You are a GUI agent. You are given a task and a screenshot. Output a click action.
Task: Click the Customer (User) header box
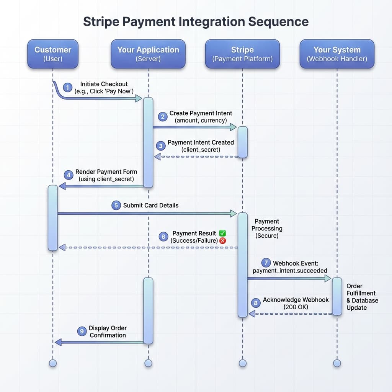(x=53, y=54)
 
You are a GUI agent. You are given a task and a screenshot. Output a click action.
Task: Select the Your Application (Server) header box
(x=148, y=54)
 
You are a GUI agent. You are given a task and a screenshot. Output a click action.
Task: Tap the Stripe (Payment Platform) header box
(x=242, y=54)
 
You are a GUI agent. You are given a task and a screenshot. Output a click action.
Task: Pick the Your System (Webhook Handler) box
(x=337, y=54)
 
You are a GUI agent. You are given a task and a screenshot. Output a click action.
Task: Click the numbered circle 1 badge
(x=68, y=88)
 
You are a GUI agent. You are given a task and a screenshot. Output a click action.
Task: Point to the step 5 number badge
(x=116, y=206)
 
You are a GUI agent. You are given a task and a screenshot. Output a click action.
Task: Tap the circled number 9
(x=82, y=332)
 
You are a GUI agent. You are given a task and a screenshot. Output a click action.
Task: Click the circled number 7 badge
(x=266, y=263)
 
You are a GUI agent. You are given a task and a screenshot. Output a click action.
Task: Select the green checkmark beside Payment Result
(x=222, y=233)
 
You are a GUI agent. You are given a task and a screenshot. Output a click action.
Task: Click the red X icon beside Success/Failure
(x=223, y=241)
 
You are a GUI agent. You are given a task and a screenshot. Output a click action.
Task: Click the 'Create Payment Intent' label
(x=201, y=113)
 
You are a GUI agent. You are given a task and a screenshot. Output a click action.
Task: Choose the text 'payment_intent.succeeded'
(x=290, y=271)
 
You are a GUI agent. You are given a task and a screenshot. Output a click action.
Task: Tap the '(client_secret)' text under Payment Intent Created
(x=201, y=150)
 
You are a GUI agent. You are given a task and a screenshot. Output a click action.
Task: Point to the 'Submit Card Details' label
(x=150, y=205)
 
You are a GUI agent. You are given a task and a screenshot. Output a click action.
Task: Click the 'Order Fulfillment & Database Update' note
(x=362, y=297)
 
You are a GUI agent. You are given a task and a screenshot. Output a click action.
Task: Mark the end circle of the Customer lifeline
(x=53, y=363)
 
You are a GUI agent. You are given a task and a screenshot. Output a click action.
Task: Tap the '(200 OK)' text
(x=296, y=307)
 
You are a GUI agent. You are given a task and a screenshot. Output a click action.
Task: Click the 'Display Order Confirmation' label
(x=108, y=332)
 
